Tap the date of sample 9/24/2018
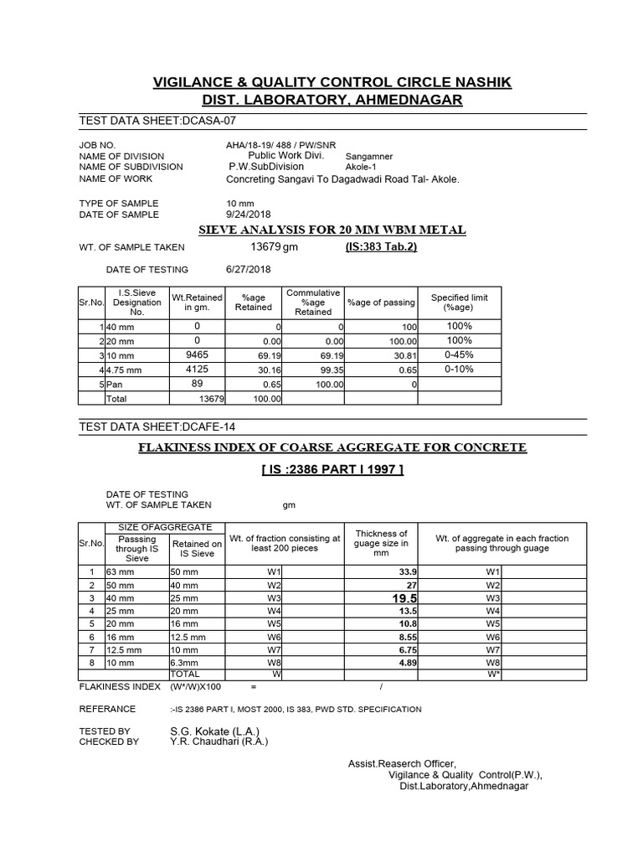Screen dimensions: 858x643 point(243,214)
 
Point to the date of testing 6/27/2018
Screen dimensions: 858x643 point(248,270)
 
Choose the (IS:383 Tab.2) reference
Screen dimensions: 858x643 point(382,247)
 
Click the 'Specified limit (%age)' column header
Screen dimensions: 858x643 point(459,302)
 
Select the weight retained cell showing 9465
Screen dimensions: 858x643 point(197,355)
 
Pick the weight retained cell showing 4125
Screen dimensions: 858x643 point(197,370)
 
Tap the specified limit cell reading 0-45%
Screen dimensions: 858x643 point(459,355)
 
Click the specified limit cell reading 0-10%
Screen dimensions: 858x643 point(459,370)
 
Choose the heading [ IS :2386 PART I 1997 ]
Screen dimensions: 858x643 point(332,469)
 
